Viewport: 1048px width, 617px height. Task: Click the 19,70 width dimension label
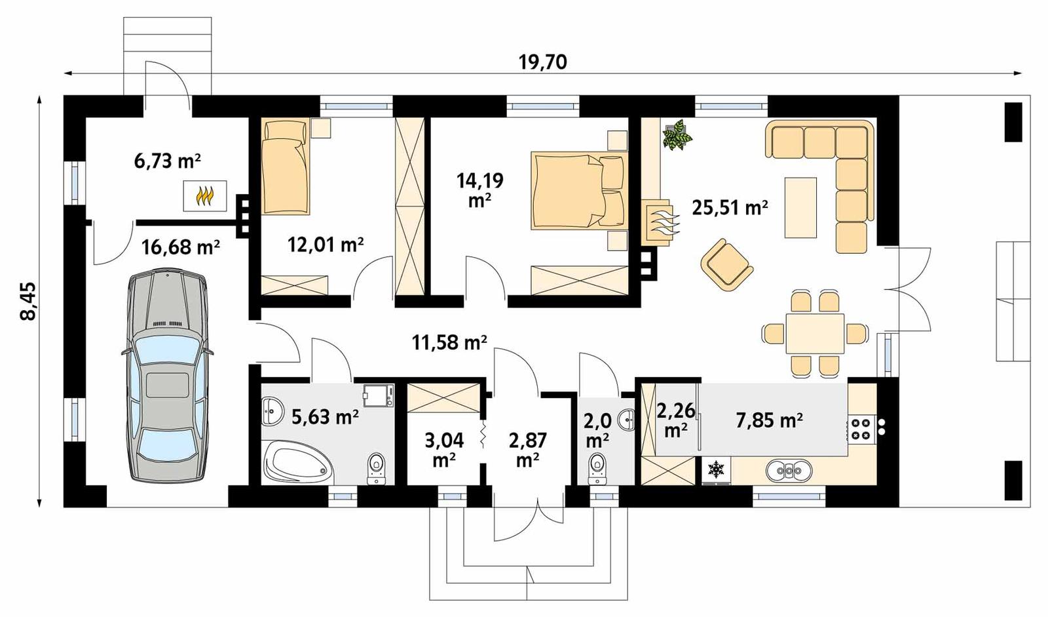(x=542, y=62)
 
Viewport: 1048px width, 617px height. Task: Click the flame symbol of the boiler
(x=205, y=196)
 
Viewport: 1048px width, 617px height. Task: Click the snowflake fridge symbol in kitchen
(x=716, y=469)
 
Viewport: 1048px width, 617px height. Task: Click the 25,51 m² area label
(x=730, y=208)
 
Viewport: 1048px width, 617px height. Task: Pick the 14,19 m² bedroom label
(x=479, y=189)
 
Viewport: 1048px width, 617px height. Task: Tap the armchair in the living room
(x=726, y=264)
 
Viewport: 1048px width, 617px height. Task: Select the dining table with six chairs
(x=815, y=334)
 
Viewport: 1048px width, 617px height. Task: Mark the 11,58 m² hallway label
(x=449, y=342)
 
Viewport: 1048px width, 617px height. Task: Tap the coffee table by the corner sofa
(x=800, y=207)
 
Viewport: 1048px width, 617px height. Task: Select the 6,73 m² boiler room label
(x=167, y=161)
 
